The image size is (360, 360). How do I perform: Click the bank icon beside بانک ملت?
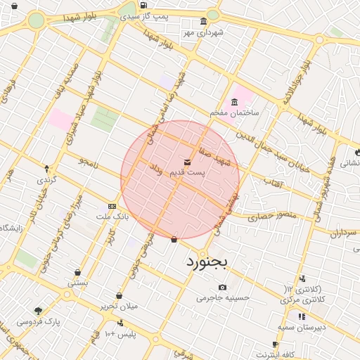click(x=112, y=206)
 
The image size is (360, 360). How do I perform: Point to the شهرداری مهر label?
click(x=202, y=32)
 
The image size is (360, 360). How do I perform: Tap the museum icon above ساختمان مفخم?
click(x=234, y=101)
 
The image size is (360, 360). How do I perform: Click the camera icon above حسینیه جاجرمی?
click(x=223, y=287)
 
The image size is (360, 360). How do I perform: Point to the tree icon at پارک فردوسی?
click(x=38, y=310)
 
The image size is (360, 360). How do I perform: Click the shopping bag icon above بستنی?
click(x=77, y=272)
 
